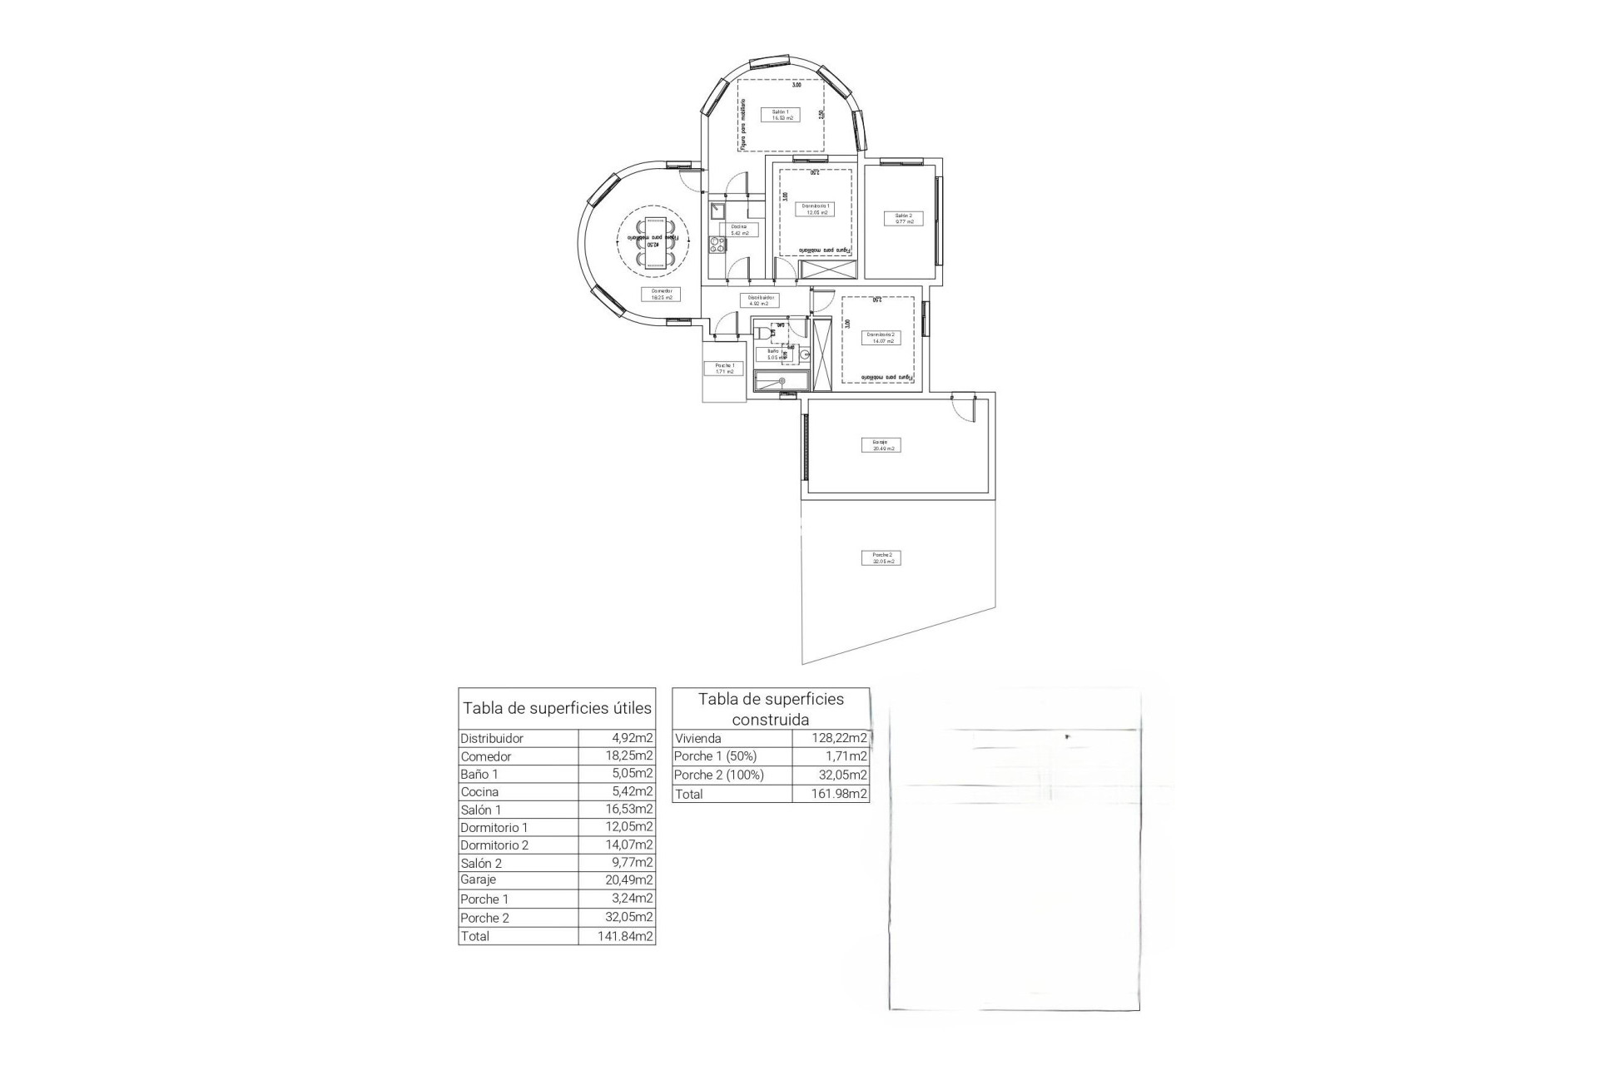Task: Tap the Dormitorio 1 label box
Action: [815, 209]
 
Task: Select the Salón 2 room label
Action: [903, 219]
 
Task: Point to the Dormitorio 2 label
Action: [881, 337]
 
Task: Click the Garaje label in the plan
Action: [881, 445]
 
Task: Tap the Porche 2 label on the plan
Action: [881, 557]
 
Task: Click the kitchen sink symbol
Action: [717, 211]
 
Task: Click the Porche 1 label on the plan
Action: [724, 369]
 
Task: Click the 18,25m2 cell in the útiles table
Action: [617, 756]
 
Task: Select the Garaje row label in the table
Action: [479, 879]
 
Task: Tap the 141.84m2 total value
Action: [617, 936]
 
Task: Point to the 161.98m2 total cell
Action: [830, 794]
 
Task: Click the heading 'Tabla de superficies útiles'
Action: [557, 709]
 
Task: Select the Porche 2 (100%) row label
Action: [719, 775]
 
